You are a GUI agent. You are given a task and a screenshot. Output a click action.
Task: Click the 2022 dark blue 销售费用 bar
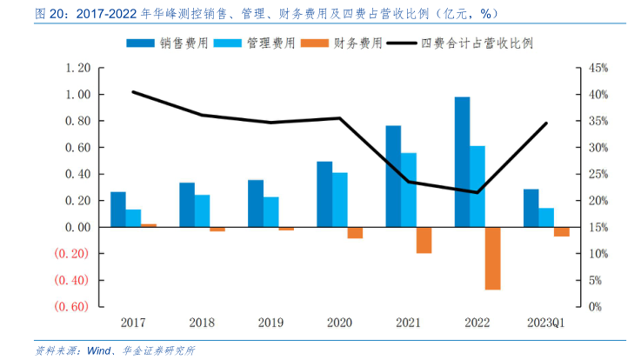click(462, 162)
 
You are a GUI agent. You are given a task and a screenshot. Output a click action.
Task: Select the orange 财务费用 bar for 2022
click(493, 257)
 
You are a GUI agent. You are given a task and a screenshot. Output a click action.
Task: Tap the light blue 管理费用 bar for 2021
click(409, 190)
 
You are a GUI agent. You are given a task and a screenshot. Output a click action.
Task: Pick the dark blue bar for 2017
click(118, 210)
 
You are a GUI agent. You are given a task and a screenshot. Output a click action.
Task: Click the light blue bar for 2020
click(339, 200)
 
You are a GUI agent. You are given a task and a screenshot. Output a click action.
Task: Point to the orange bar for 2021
click(424, 240)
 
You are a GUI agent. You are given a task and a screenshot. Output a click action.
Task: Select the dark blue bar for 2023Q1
click(531, 208)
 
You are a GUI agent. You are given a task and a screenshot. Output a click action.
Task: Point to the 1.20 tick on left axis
click(78, 68)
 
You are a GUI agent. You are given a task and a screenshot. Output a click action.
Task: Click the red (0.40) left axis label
click(71, 280)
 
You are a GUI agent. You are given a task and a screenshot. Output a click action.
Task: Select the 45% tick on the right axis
click(599, 68)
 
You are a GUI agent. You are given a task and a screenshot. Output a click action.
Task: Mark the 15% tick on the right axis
click(599, 227)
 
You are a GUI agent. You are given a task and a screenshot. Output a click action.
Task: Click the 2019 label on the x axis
click(270, 323)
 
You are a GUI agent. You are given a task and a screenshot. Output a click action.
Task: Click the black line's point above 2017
click(133, 91)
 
